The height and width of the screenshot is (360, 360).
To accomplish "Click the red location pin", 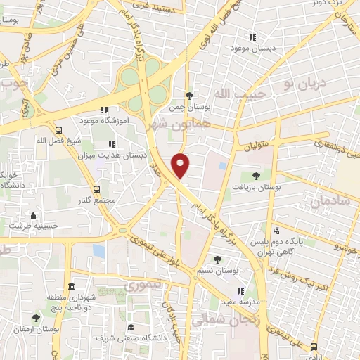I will (x=181, y=165).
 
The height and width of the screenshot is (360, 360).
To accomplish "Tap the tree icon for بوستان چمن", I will (x=189, y=96).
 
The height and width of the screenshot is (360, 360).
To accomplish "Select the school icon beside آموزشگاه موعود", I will (x=105, y=110).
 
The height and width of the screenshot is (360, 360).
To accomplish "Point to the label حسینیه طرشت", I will (x=34, y=226).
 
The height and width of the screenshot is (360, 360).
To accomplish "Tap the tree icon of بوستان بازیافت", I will (x=256, y=176).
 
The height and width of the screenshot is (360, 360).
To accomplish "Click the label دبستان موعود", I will (x=253, y=49).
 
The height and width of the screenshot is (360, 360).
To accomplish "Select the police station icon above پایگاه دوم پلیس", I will (x=276, y=230).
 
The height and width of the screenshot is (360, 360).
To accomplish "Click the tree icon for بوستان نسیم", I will (x=217, y=259).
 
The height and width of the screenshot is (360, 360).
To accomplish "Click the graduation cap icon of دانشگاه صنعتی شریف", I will (x=130, y=328).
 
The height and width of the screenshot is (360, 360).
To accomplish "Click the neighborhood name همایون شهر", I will (x=170, y=124).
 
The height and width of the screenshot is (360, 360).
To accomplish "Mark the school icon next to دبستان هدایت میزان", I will (x=113, y=143).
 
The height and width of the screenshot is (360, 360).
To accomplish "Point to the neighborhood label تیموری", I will (x=143, y=286).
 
